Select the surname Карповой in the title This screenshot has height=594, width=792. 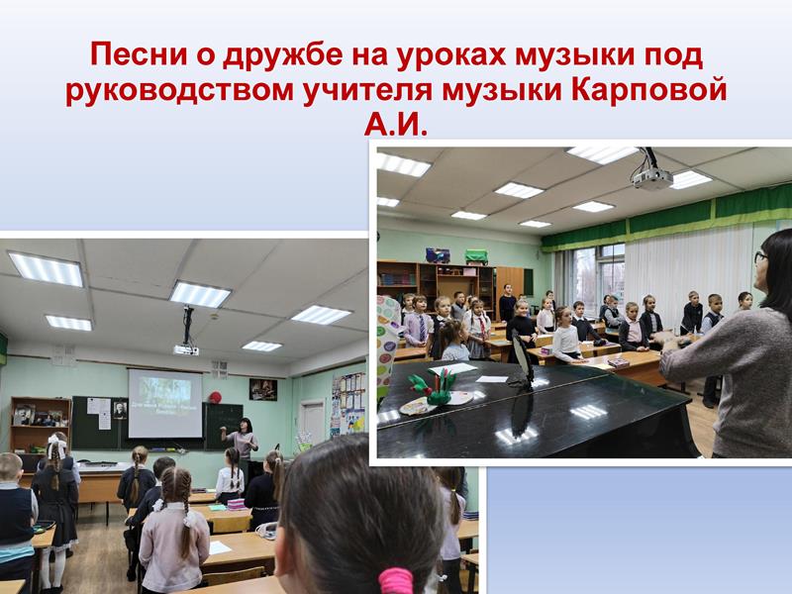(x=649, y=91)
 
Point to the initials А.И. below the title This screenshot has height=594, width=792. (x=395, y=125)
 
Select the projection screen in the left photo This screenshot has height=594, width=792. (x=165, y=404)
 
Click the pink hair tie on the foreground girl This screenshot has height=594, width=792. (x=395, y=580)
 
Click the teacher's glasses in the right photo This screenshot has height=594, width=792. (x=759, y=257)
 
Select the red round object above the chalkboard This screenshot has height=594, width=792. (x=215, y=398)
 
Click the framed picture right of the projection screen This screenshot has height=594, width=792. (x=263, y=389)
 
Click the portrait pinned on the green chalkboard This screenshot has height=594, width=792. (x=120, y=410)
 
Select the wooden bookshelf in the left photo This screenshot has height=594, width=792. (x=41, y=425)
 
